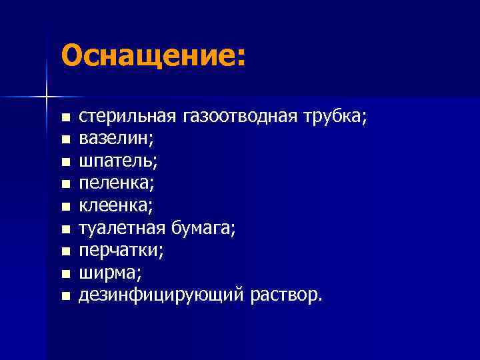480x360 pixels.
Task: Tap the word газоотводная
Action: point(237,117)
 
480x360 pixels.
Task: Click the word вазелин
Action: point(115,139)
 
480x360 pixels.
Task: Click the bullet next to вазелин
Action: point(65,140)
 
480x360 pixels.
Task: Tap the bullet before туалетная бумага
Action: point(65,229)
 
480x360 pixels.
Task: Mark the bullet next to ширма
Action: point(65,273)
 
